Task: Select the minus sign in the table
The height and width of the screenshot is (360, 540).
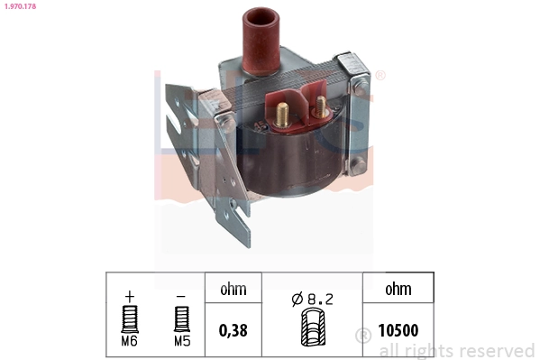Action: tap(180, 295)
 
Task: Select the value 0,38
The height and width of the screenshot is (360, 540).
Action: tap(233, 330)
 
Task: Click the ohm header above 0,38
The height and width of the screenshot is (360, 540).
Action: tap(233, 290)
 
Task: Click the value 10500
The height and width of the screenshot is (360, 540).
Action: tap(398, 330)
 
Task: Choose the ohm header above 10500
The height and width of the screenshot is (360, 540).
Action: tap(398, 290)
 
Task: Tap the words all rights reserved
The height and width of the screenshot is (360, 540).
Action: tap(456, 350)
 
